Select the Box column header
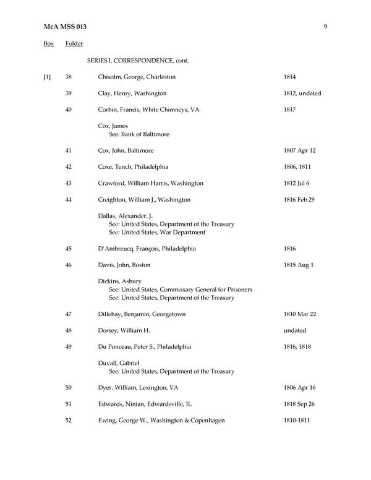click(48, 44)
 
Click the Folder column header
click(74, 44)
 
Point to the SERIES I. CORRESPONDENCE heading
click(137, 61)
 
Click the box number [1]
click(47, 77)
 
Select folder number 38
click(69, 77)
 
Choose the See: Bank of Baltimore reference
click(139, 134)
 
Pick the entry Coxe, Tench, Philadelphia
click(133, 167)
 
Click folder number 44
click(69, 200)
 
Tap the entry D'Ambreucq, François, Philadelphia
click(147, 249)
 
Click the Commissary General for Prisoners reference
click(171, 289)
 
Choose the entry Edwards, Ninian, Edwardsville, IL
click(145, 404)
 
